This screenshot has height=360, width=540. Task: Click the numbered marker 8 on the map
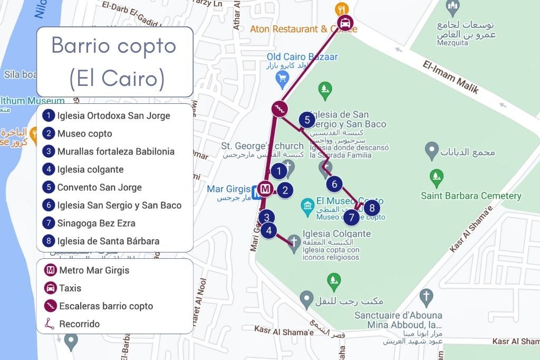coord(372,208)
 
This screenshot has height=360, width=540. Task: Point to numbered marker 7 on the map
coord(352,217)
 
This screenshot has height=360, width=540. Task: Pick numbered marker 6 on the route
coord(334,184)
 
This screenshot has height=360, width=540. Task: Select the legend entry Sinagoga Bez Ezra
coord(96,223)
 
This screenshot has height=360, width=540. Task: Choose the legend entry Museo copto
coord(84,133)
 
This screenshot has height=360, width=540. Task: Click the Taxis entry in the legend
coord(70,288)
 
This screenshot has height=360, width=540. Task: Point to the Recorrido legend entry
coord(79,324)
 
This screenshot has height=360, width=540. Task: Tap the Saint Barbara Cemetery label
coord(470,196)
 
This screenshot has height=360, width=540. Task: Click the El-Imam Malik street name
coord(451,77)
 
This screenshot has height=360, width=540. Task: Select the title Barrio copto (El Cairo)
coord(114,62)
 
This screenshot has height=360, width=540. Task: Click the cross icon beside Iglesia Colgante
coord(294,241)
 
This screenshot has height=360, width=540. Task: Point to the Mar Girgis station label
coord(228,189)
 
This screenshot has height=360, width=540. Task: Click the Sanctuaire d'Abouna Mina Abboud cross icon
coord(426,296)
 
